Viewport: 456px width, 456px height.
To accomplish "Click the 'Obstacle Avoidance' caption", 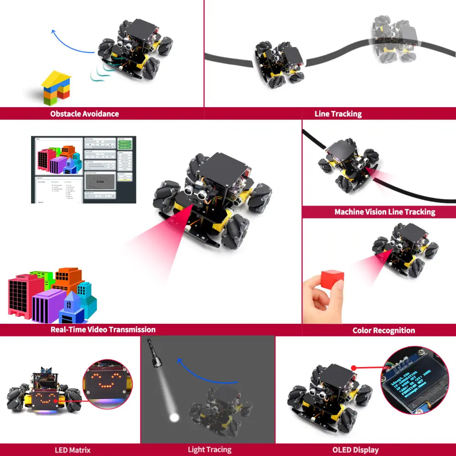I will [x=84, y=114].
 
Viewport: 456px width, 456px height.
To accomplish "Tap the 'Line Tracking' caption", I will [x=338, y=114].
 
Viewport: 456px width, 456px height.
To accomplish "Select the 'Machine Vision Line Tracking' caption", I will [x=384, y=212].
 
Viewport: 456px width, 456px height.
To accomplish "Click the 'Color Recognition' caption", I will [x=383, y=330].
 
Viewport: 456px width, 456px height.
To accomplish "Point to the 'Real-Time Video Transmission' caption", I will [x=103, y=329].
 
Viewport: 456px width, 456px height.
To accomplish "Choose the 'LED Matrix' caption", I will [x=73, y=450].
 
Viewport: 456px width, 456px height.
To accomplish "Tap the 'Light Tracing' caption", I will [x=210, y=450].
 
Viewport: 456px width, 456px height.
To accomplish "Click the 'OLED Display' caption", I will [x=355, y=450].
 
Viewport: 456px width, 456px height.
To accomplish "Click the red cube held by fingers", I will [x=332, y=278].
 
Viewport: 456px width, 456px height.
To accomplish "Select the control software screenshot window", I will [x=83, y=170].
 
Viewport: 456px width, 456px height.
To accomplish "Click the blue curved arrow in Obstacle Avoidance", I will [x=68, y=41].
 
